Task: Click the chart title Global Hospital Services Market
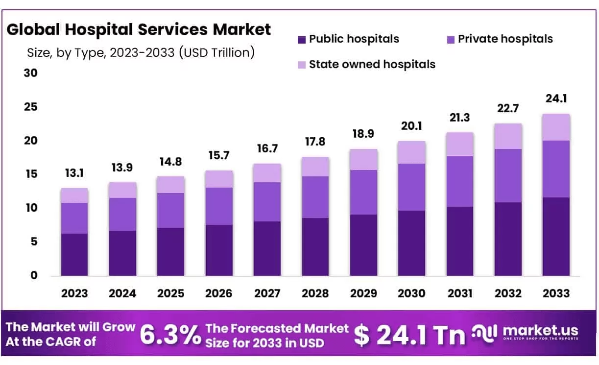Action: [x=139, y=30]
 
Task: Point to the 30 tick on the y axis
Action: [x=30, y=73]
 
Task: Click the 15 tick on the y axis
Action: [x=30, y=174]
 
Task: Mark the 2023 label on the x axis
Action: [x=74, y=293]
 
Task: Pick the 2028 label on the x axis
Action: [x=315, y=293]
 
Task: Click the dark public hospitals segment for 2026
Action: [x=219, y=250]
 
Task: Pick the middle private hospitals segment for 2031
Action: [x=459, y=181]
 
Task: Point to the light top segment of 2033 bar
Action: [x=556, y=127]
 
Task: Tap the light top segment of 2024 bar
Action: [x=122, y=190]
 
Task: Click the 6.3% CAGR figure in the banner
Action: [x=170, y=336]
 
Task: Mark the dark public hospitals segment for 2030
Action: [x=411, y=243]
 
